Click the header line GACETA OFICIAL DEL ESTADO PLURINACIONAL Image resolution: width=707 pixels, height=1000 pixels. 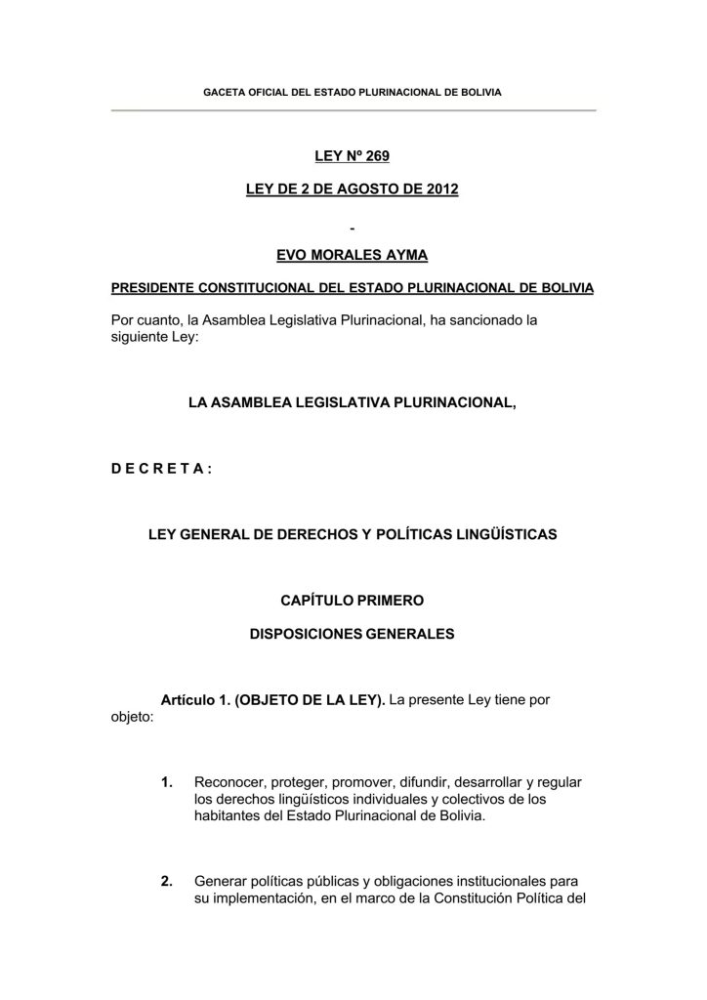[352, 91]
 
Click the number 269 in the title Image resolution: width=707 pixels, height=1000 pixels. [376, 155]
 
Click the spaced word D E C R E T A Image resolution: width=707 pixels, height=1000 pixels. [155, 468]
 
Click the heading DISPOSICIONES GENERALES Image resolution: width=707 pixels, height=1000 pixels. [353, 633]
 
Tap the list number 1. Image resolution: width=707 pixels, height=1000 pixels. [167, 781]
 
